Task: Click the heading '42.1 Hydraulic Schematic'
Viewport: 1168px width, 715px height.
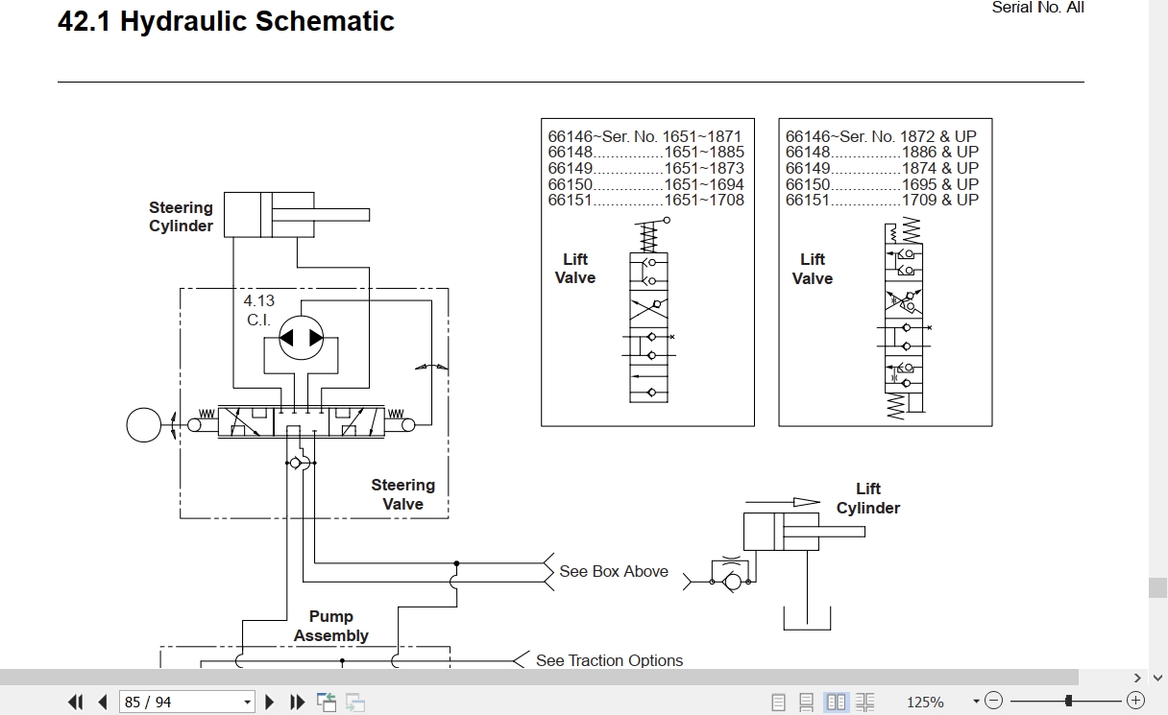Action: [226, 21]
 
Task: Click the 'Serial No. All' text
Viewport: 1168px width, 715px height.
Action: [1037, 8]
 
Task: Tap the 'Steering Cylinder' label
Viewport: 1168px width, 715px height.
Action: [181, 216]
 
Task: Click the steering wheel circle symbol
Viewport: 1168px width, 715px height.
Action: [144, 425]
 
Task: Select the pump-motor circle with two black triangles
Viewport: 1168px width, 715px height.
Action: [301, 338]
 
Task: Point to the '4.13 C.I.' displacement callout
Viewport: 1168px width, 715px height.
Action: [258, 310]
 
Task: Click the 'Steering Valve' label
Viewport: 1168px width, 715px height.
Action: [402, 494]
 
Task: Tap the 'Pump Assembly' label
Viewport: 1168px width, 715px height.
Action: [331, 626]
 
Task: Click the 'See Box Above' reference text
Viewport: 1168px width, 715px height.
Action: [614, 571]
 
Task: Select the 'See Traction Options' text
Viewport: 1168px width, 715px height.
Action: [609, 660]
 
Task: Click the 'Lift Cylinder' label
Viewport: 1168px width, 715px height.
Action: [868, 498]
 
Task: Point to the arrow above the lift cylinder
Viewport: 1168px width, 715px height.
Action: [783, 502]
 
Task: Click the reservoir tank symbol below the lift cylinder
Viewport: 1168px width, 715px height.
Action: [807, 630]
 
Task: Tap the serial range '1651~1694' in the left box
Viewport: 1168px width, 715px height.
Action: [704, 184]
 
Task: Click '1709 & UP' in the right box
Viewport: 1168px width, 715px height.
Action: [939, 200]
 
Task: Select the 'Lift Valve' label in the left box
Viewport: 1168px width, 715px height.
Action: [575, 269]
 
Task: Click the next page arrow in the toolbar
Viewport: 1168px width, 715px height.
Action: [270, 702]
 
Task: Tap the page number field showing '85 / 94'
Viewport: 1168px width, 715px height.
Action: [186, 702]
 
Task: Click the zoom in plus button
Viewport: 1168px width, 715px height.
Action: [1135, 701]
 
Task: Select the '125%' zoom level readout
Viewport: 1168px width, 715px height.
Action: [925, 702]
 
